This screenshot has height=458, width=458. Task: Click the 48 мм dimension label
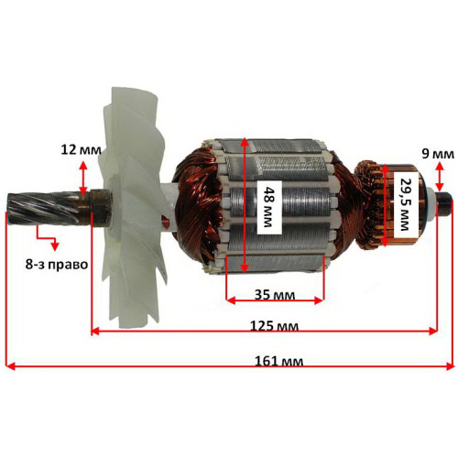(x=267, y=207)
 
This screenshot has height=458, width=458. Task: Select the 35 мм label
(x=275, y=295)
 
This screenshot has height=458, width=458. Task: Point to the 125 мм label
(x=274, y=326)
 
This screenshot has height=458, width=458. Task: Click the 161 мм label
(x=279, y=362)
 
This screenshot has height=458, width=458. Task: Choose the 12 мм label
(x=81, y=150)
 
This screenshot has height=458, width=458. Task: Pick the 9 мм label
(x=438, y=154)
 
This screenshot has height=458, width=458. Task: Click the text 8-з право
(x=57, y=265)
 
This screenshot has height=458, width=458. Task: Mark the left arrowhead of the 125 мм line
(x=95, y=331)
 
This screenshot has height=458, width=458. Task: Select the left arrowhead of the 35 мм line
(x=231, y=300)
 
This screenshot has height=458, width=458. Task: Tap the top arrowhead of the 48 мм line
(x=244, y=142)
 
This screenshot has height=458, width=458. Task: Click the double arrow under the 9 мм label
(x=440, y=177)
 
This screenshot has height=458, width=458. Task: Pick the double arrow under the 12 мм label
(x=82, y=178)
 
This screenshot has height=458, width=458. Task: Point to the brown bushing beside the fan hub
(x=100, y=205)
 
